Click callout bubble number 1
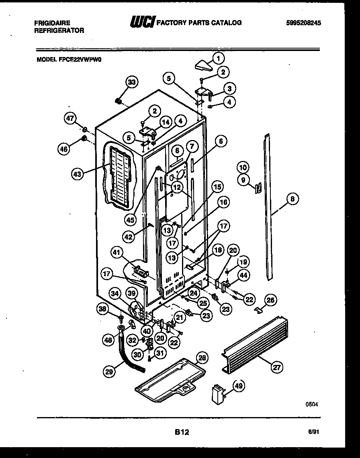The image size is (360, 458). tap(218, 59)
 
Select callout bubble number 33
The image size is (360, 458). tap(131, 82)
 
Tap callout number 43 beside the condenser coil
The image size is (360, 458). tap(77, 173)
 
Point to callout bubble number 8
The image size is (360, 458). tap(292, 198)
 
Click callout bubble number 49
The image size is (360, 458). tap(238, 385)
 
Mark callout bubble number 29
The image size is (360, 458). tap(108, 372)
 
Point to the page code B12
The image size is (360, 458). tap(182, 432)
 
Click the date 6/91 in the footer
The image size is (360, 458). tap(315, 432)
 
